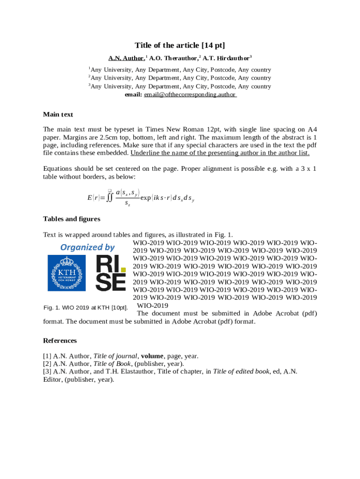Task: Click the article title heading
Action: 180,45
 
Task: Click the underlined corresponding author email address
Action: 190,94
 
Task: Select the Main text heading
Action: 58,114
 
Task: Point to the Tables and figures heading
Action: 72,218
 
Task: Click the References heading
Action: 60,340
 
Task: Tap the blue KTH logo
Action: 67,272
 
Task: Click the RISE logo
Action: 110,272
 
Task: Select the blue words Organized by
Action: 87,247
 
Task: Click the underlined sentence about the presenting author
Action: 220,153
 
